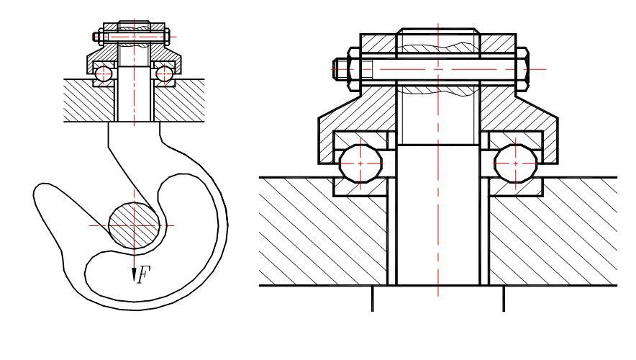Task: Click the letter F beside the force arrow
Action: click(x=143, y=274)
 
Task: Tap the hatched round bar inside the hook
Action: click(x=134, y=225)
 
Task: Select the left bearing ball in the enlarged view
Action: click(x=361, y=163)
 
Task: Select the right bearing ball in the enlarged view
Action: click(x=516, y=163)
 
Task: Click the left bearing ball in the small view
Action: click(x=104, y=73)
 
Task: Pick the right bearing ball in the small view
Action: click(x=165, y=73)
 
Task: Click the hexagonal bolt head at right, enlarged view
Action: click(x=522, y=68)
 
